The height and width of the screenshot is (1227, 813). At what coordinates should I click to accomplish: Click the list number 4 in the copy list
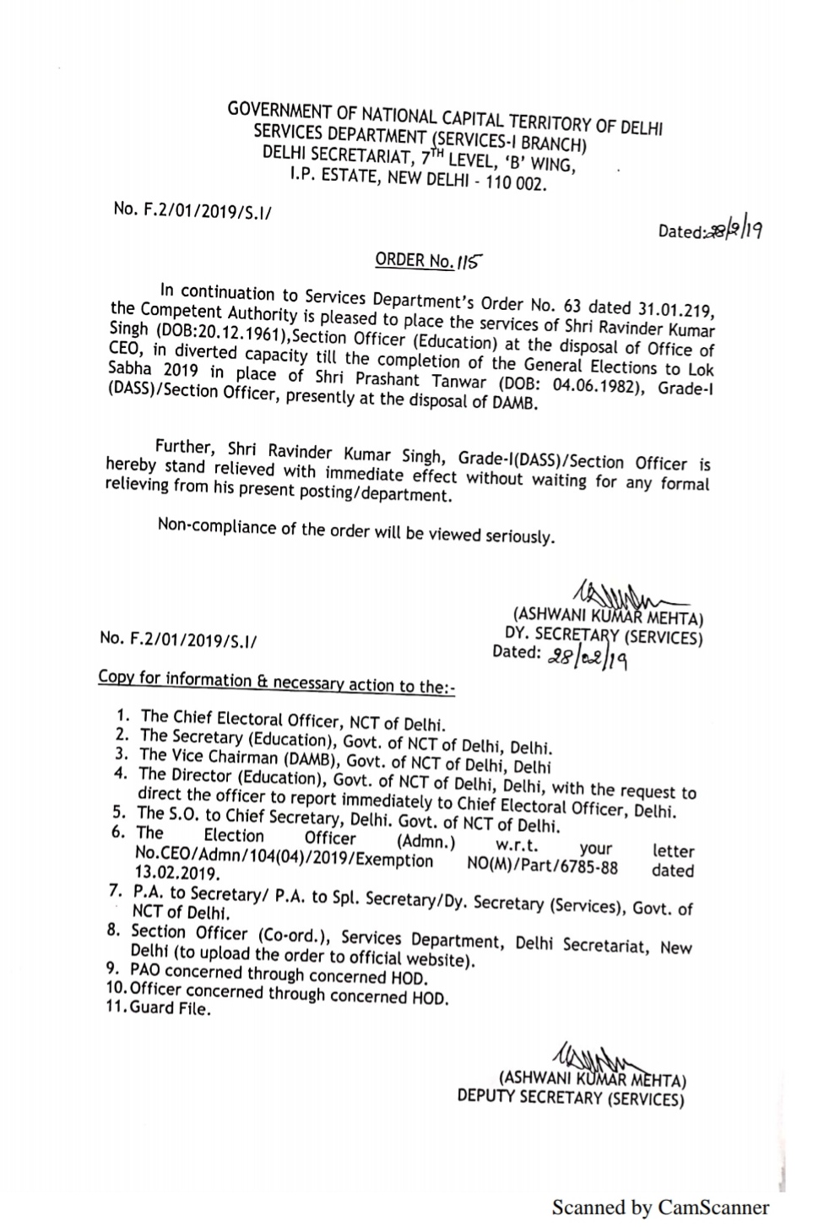(121, 773)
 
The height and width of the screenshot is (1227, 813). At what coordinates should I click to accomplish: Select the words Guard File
(170, 1008)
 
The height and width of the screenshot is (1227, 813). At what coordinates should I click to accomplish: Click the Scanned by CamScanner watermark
(660, 1207)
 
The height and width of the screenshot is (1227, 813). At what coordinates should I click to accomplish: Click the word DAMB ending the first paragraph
(518, 403)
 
